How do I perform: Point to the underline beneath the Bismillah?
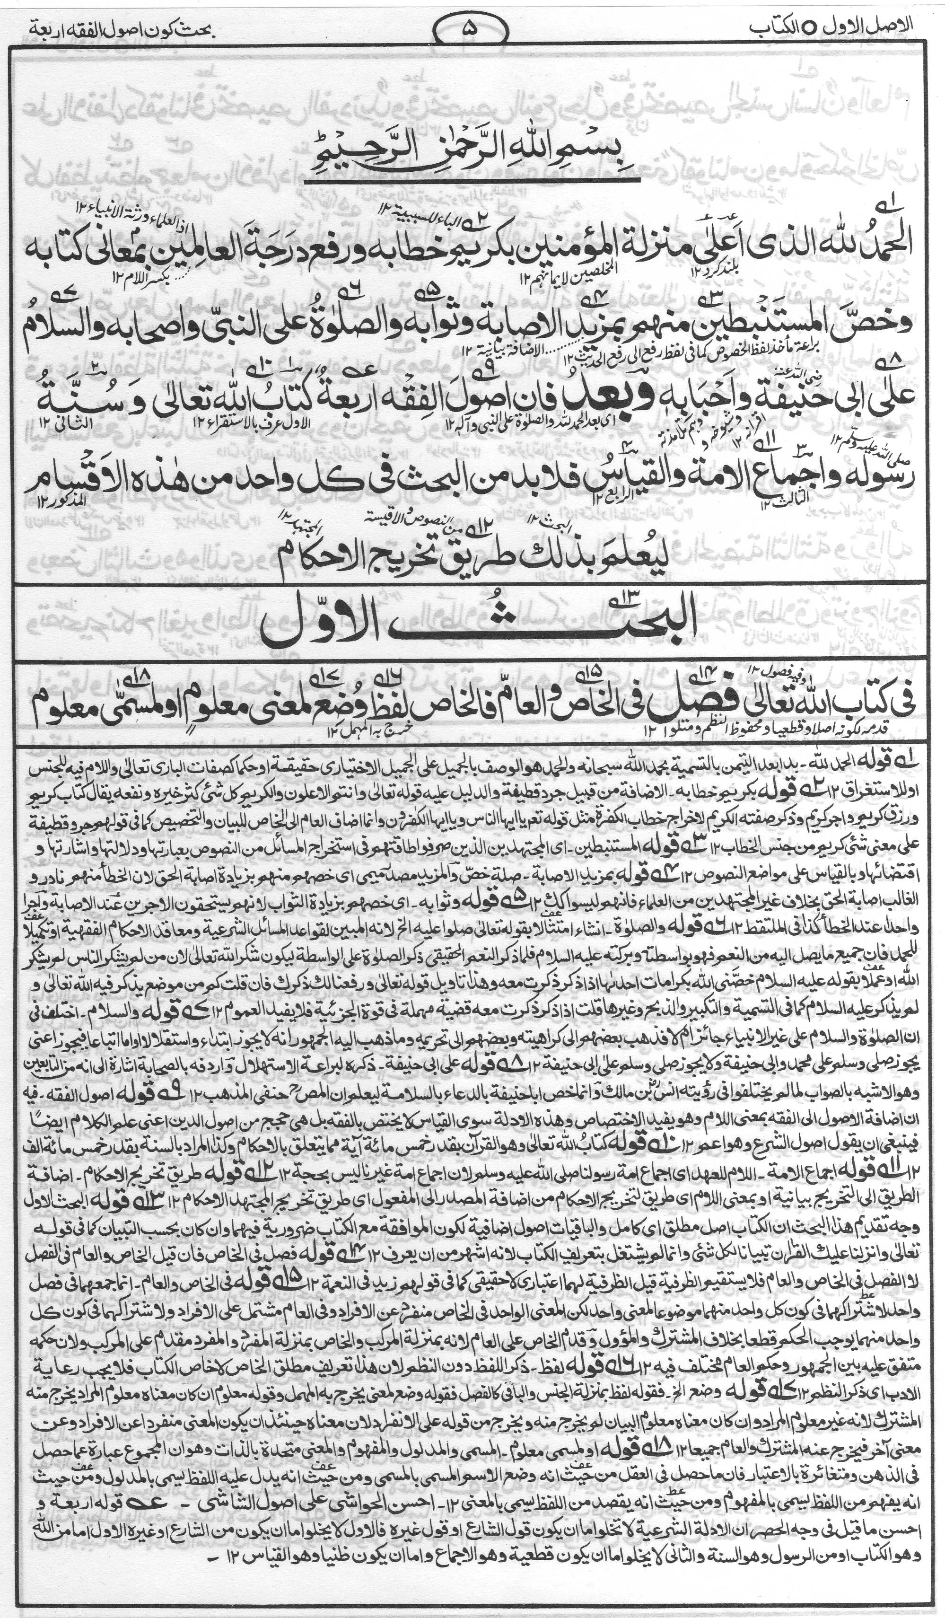point(472,185)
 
